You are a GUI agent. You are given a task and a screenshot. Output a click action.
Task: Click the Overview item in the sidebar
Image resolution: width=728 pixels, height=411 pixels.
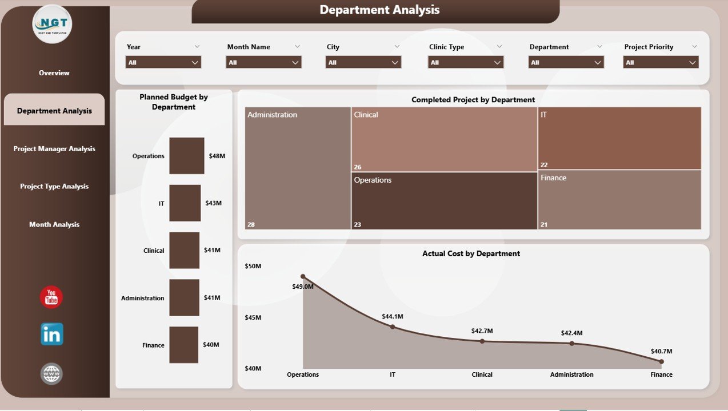click(x=54, y=73)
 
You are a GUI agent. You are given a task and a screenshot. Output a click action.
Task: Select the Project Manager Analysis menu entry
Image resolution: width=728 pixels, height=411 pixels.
click(x=54, y=149)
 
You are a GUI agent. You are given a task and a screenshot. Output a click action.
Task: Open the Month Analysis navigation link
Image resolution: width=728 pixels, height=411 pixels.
click(x=54, y=225)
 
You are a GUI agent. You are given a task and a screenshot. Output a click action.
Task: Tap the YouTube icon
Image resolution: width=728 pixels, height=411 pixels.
click(x=51, y=297)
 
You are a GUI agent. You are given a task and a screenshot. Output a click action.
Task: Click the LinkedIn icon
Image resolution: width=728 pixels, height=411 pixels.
click(x=52, y=335)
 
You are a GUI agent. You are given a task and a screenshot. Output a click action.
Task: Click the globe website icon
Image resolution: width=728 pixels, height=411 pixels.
click(x=51, y=374)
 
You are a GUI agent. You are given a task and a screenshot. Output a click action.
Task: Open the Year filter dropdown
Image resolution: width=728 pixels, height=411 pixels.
click(x=163, y=62)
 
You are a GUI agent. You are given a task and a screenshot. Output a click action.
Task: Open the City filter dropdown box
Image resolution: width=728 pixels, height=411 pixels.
click(x=363, y=62)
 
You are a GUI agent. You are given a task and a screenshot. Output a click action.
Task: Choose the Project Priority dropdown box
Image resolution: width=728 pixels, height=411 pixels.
click(x=661, y=62)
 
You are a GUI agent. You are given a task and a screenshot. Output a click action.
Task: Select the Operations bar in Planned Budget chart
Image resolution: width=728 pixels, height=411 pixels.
click(x=187, y=156)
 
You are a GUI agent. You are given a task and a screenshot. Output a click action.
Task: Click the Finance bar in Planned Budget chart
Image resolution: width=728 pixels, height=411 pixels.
click(x=183, y=345)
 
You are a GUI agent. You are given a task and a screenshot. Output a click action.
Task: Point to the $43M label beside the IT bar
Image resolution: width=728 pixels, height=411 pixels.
click(x=213, y=203)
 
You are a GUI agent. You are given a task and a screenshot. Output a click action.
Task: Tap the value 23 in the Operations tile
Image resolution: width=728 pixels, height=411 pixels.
click(x=358, y=225)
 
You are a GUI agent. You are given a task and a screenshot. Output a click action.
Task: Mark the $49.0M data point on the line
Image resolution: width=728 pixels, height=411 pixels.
click(x=303, y=276)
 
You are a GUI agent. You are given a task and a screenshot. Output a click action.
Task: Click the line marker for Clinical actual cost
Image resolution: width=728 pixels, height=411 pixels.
click(x=482, y=341)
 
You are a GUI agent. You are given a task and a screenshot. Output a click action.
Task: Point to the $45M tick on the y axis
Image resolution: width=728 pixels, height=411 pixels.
click(x=253, y=317)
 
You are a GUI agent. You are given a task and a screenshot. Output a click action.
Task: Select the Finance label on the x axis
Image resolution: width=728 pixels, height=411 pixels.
click(x=661, y=375)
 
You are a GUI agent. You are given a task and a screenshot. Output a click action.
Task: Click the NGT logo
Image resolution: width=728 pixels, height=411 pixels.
click(x=52, y=24)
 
